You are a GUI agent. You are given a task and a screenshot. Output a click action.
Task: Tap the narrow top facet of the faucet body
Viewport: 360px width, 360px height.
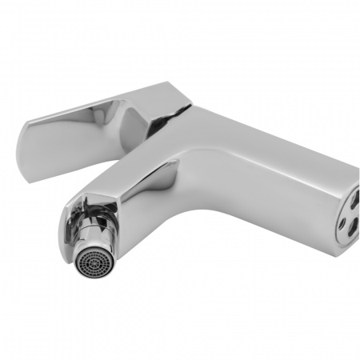click(x=264, y=152)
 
